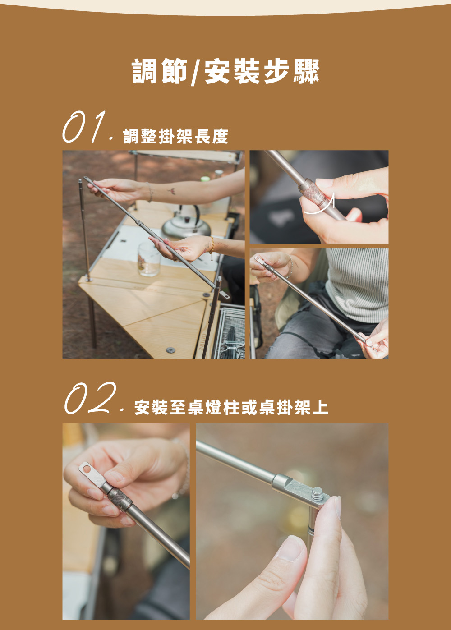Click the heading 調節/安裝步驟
[225, 71]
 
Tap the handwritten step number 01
[84, 127]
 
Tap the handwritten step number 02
[90, 398]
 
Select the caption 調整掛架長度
[175, 136]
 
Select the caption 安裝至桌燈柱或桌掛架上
[231, 407]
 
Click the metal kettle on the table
[186, 223]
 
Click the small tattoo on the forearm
[171, 191]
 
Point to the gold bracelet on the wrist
[212, 245]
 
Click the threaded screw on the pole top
[318, 492]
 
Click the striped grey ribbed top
[357, 284]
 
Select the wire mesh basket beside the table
[229, 333]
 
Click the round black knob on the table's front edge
[170, 350]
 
